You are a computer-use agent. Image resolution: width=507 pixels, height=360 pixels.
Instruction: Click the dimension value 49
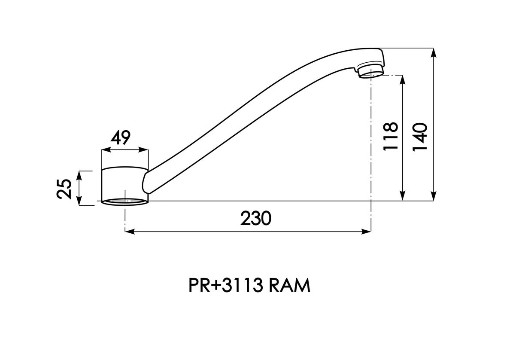pyautogui.click(x=120, y=138)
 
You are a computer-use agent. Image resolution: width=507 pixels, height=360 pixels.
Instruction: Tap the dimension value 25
pyautogui.click(x=64, y=189)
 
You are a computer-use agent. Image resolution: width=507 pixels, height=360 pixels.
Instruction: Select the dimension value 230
pyautogui.click(x=255, y=219)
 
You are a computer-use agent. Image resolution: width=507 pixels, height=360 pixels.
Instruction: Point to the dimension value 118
pyautogui.click(x=390, y=136)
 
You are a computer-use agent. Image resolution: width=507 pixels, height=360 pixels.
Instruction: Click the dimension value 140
pyautogui.click(x=420, y=136)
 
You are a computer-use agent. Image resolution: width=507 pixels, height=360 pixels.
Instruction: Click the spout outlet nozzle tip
pyautogui.click(x=371, y=70)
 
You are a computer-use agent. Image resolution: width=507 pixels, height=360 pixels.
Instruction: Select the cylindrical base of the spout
pyautogui.click(x=125, y=186)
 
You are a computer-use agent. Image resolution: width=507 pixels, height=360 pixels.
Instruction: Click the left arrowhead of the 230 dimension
pyautogui.click(x=129, y=231)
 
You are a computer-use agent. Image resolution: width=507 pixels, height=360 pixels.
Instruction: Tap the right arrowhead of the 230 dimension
pyautogui.click(x=366, y=231)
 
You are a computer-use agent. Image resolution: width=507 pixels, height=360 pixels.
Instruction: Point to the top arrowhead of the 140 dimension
pyautogui.click(x=433, y=53)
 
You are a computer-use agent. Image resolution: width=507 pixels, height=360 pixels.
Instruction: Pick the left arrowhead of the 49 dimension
pyautogui.click(x=106, y=150)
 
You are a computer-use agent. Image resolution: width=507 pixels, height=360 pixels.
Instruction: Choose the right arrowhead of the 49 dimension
pyautogui.click(x=144, y=150)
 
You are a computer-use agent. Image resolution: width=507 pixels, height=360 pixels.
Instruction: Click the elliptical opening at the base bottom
pyautogui.click(x=125, y=201)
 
